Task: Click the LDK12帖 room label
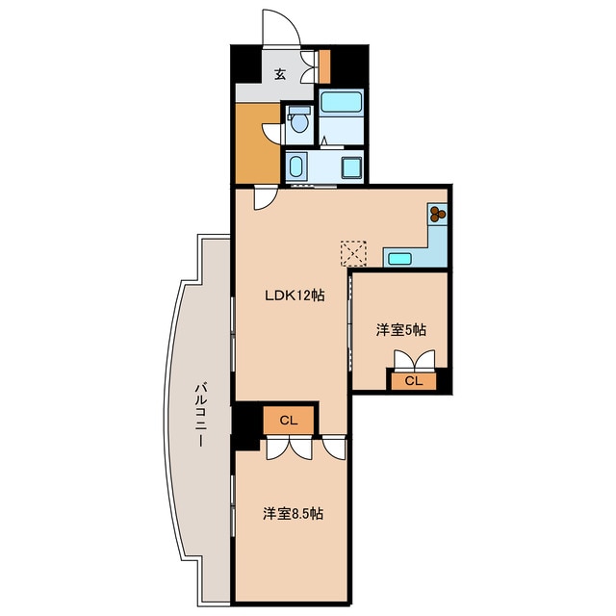coord(295,295)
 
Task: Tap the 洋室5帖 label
coord(401,330)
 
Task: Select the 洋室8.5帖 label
coord(293,513)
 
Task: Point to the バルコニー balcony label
coord(200,415)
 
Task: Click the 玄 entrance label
coord(280,74)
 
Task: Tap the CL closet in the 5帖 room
coord(414,381)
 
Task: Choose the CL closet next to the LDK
coord(289,421)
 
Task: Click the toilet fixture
coord(299,119)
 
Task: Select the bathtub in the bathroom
coord(341,102)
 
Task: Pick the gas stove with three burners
coord(437,214)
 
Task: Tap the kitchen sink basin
coord(399,259)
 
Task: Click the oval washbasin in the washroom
coord(295,167)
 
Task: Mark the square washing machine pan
coord(351,167)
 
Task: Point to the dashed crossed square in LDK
coord(353,253)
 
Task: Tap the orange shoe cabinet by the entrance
coord(324,66)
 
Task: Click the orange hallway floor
coord(257,143)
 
